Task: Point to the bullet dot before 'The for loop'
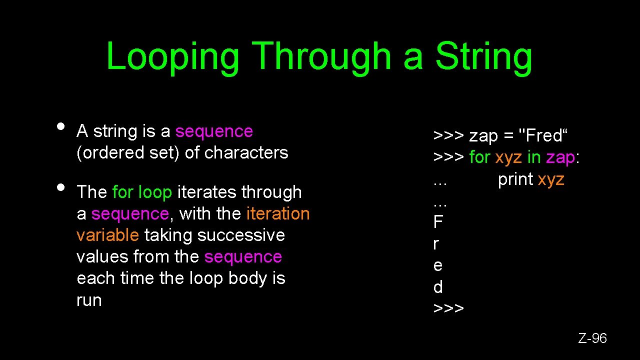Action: coord(60,187)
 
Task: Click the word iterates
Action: coord(207,192)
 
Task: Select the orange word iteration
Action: coord(278,213)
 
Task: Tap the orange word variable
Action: coord(107,235)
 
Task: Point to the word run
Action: coord(89,300)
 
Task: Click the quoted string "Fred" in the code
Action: coord(544,135)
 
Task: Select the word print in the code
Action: coord(515,179)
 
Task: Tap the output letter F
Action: coord(438,221)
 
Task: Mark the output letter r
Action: coord(436,244)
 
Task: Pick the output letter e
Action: coord(437,265)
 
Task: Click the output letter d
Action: coord(438,287)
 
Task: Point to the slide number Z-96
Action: coord(592,338)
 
